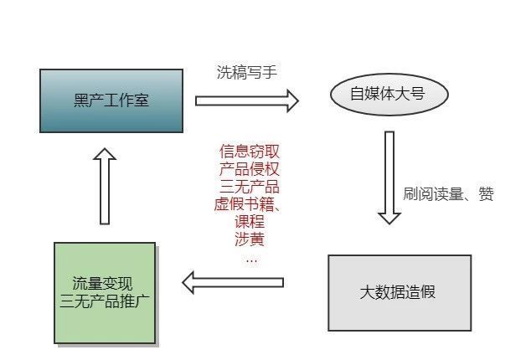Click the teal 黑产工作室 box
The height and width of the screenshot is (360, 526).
(111, 100)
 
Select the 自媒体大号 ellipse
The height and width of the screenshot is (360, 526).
(387, 94)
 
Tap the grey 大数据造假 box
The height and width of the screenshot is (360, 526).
(398, 292)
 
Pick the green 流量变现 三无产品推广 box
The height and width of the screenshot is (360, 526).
(105, 292)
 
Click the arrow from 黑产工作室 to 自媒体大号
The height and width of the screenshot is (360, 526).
(246, 101)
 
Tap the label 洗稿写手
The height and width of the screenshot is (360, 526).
(246, 72)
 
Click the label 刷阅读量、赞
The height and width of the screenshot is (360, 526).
(448, 194)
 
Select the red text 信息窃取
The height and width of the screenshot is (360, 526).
(250, 152)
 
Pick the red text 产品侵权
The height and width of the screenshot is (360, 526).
(250, 169)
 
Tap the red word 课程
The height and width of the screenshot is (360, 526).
(250, 222)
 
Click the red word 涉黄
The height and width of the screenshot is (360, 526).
(250, 239)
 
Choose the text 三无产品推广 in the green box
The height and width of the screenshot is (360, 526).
(105, 301)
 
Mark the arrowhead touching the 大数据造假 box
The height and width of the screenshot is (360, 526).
(389, 216)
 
